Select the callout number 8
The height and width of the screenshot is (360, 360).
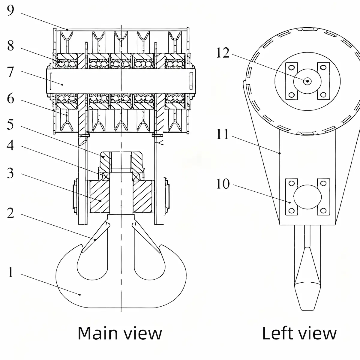[x=10, y=46]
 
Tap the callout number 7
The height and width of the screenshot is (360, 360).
[x=10, y=72]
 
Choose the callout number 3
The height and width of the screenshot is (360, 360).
[x=10, y=173]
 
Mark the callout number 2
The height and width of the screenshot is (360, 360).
[x=10, y=213]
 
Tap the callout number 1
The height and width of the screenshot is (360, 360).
[x=10, y=272]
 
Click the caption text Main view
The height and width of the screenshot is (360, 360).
[x=120, y=333]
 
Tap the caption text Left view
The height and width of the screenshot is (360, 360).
[x=299, y=333]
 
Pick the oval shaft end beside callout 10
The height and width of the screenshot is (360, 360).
[x=307, y=196]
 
